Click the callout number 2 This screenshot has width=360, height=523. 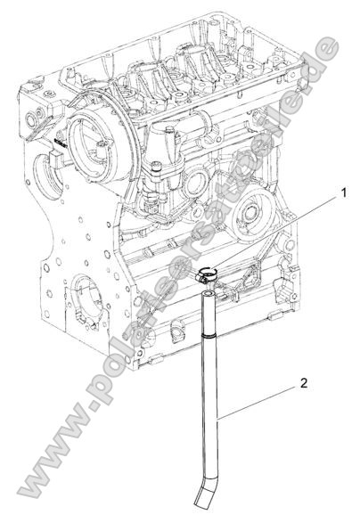[x=306, y=384]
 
